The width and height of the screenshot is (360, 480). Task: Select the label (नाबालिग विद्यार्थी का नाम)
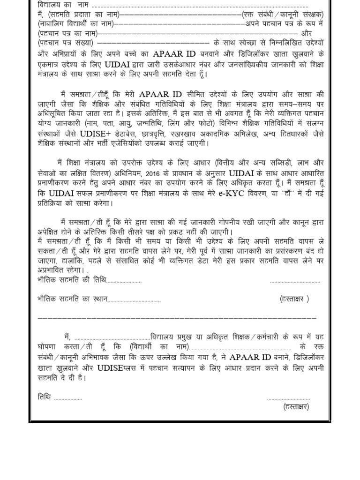point(75,24)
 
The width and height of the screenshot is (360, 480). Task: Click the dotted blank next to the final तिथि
point(68,397)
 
